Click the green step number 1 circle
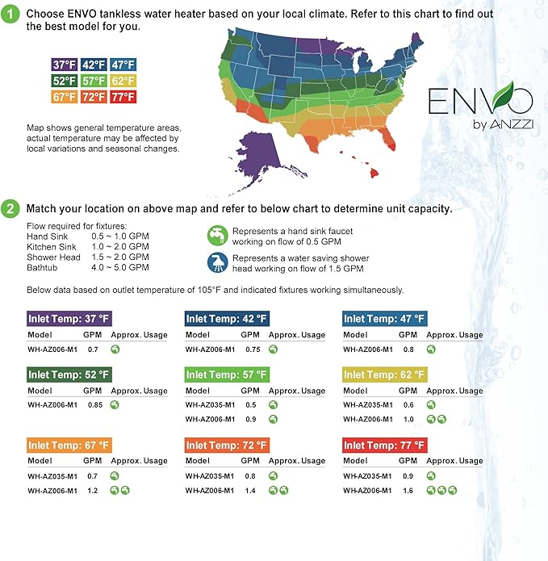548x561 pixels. [11, 15]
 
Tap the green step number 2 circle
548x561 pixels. [11, 207]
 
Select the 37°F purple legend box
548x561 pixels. [65, 65]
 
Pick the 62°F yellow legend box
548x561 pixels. [123, 81]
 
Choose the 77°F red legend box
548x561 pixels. [123, 97]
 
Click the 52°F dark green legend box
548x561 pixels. [65, 81]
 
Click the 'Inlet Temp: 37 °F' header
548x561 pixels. [68, 318]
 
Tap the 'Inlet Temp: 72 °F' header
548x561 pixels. [226, 445]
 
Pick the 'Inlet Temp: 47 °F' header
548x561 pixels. [384, 318]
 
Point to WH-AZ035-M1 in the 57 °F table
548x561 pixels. [210, 404]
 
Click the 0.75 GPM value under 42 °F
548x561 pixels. [253, 349]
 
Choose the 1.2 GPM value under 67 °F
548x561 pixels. [94, 490]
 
